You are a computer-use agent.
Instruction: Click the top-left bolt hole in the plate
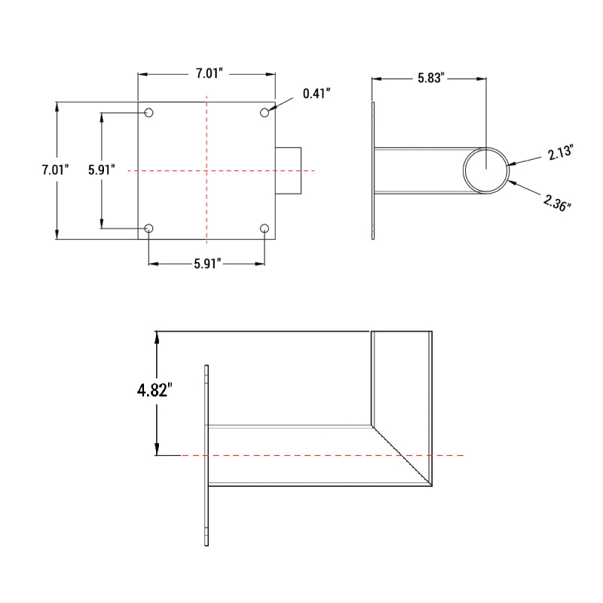149,112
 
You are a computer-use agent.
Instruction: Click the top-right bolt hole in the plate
265,112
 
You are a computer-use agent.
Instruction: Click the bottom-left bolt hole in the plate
149,228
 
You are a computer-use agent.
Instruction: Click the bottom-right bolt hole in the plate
265,228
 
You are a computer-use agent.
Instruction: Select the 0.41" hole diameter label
317,93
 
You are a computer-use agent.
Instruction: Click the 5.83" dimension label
432,78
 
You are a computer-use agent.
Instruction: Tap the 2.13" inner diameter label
561,153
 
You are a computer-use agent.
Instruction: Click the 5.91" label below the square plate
207,264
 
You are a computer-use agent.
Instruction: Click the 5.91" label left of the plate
101,170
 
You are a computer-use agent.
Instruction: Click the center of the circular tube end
486,170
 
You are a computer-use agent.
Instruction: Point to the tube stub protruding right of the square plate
289,171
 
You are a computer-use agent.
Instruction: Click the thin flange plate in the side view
374,170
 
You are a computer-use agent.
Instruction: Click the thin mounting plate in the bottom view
206,455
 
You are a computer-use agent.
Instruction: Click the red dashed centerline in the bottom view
301,455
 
